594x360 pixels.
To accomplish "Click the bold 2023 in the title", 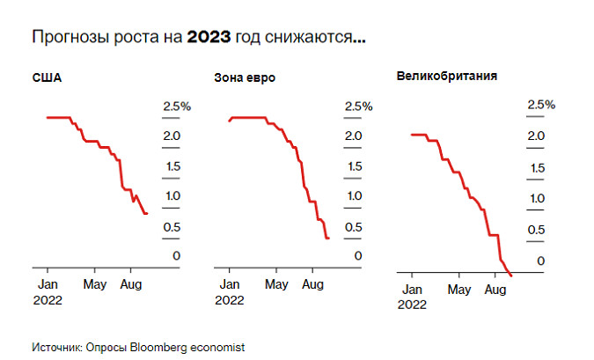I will (x=209, y=39).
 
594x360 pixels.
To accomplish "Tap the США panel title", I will (x=46, y=78).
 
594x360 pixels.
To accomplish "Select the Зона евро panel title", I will (x=245, y=78).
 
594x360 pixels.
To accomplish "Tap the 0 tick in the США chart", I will (x=176, y=255).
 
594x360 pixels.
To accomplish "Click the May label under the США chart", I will (x=95, y=284).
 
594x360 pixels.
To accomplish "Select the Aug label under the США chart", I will (x=131, y=284).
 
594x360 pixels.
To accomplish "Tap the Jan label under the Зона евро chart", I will (x=229, y=284).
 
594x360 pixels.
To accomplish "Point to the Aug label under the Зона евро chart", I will (x=313, y=284).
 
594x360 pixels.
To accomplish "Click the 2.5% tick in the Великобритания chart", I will (x=540, y=105).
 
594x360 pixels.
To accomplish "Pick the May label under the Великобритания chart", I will (x=458, y=289).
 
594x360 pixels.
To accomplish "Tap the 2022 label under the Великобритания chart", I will (x=412, y=305).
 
